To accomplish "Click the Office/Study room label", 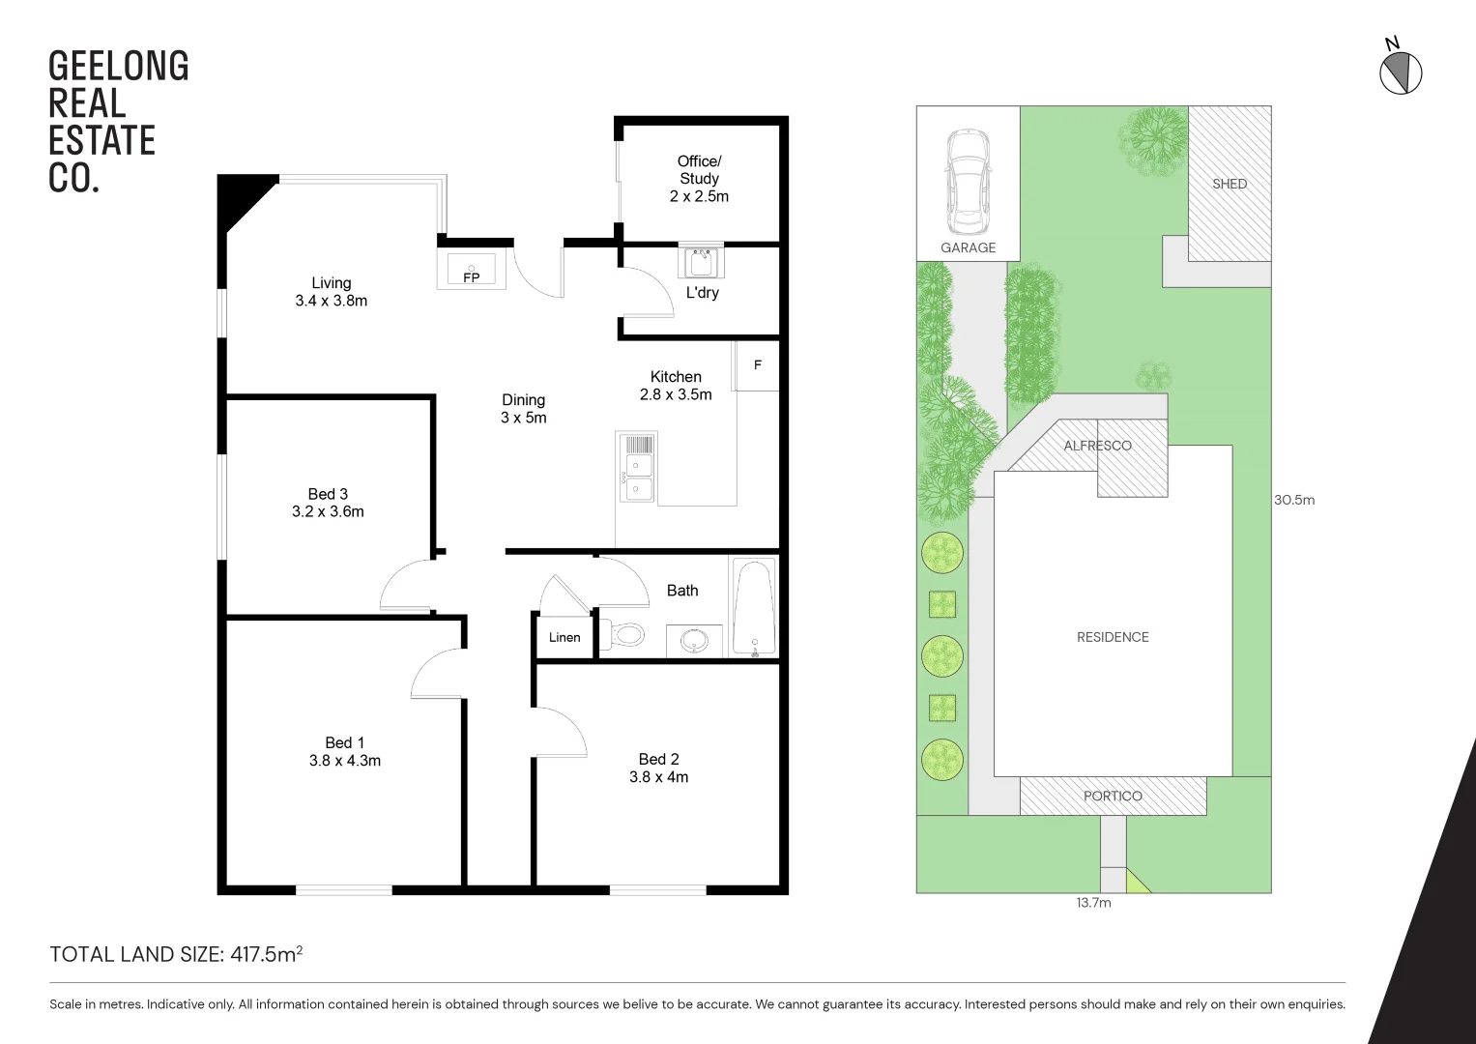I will point(699,170).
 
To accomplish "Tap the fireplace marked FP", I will point(471,268).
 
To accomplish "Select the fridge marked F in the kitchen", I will point(757,365).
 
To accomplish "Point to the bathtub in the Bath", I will point(754,606).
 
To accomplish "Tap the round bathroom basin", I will point(694,640).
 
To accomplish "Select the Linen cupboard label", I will point(564,637).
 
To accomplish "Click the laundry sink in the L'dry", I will point(700,261).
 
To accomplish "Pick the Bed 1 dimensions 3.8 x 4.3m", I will point(345,761).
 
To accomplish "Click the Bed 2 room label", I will point(658,759).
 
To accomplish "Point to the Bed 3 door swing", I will point(404,586).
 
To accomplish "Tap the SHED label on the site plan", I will point(1230,184).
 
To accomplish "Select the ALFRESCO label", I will point(1097,446).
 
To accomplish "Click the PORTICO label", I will point(1113,797).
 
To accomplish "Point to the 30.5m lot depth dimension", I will point(1294,500).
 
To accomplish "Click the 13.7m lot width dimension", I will point(1093,903).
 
